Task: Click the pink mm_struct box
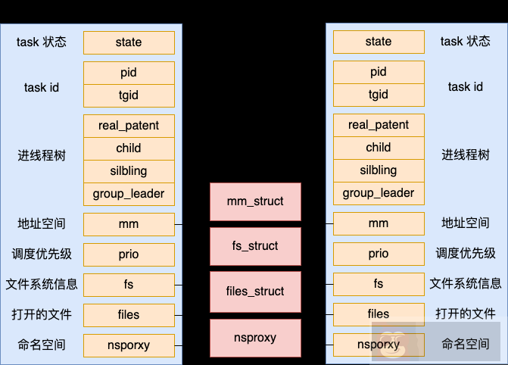(x=255, y=201)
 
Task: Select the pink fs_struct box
(x=255, y=246)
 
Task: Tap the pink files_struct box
(x=255, y=292)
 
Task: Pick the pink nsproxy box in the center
(x=255, y=338)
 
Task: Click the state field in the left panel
(x=129, y=42)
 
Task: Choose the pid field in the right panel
(x=379, y=73)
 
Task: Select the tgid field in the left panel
(x=129, y=95)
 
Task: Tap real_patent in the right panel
(x=379, y=125)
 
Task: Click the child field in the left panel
(x=129, y=148)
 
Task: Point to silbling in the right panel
(x=379, y=170)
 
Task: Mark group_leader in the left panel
(x=129, y=193)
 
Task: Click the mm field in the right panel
(x=379, y=223)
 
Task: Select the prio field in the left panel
(x=129, y=254)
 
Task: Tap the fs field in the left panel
(x=129, y=285)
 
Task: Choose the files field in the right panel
(x=379, y=314)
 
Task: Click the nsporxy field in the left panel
(x=129, y=345)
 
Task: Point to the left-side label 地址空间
(x=42, y=223)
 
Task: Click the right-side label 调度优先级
(x=466, y=254)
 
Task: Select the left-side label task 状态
(x=42, y=42)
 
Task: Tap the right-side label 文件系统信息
(x=466, y=284)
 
